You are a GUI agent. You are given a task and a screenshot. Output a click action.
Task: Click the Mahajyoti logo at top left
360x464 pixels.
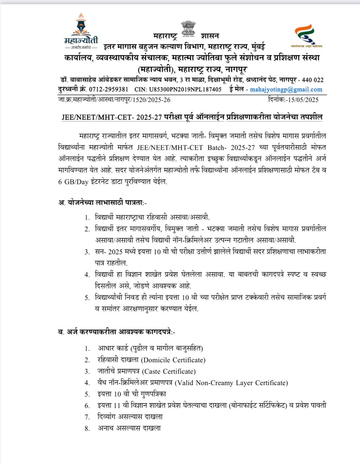81,32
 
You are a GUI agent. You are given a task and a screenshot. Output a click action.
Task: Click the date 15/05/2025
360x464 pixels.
303,99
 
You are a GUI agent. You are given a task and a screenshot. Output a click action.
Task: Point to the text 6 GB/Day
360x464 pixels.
73,182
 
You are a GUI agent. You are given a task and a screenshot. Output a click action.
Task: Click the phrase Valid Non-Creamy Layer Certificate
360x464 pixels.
232,382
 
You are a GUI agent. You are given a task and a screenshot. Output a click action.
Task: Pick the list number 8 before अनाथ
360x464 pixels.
87,428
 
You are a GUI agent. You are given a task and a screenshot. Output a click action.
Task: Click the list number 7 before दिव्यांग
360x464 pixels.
87,417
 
